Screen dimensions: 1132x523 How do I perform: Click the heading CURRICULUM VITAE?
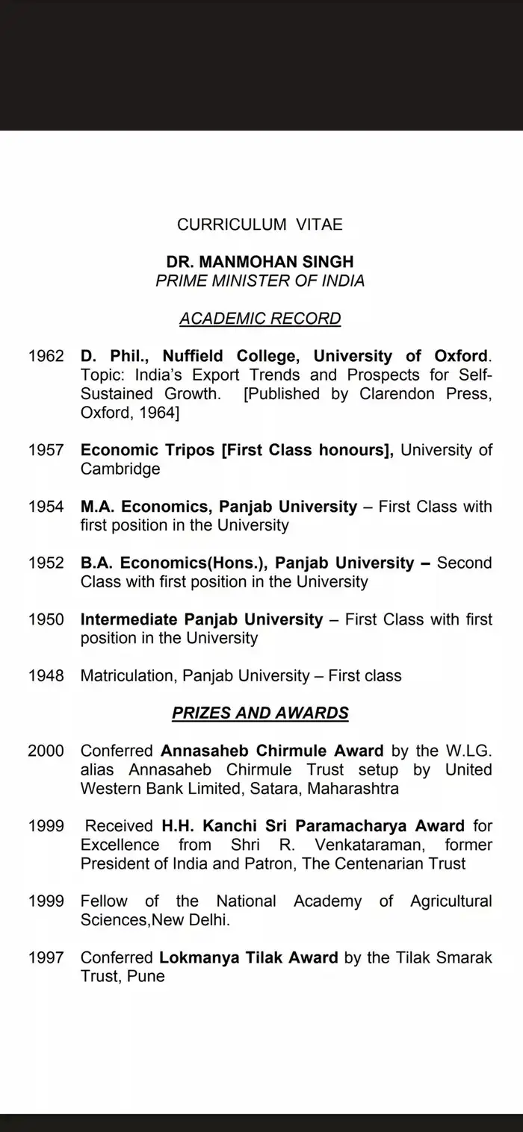coord(260,224)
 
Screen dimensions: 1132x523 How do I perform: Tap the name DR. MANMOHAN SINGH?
coord(260,263)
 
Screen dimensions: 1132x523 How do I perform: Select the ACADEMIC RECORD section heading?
coord(260,319)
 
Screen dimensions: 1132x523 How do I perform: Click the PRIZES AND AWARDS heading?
coord(260,713)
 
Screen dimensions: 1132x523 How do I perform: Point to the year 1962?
coord(46,356)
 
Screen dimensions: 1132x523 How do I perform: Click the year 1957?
coord(46,450)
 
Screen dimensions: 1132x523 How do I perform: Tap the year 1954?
coord(46,507)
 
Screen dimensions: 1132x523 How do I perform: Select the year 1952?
coord(46,563)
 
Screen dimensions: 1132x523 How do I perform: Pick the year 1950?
coord(46,619)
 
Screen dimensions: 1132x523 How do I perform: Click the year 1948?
coord(46,676)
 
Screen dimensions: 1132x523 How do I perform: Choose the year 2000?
coord(46,751)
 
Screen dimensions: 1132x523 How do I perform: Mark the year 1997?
coord(46,957)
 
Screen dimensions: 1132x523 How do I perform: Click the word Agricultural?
coord(451,901)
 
